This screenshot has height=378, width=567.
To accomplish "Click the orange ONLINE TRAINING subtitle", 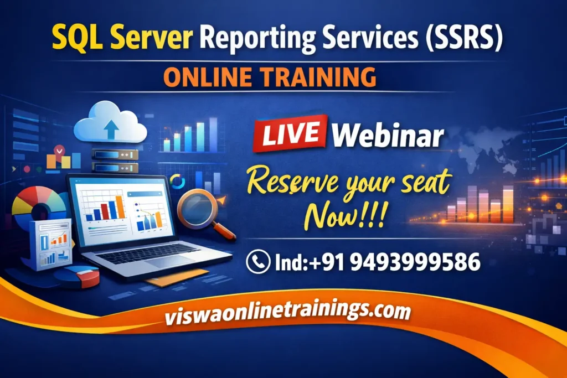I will click(x=270, y=77).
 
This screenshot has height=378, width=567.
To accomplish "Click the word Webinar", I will click(x=389, y=135).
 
